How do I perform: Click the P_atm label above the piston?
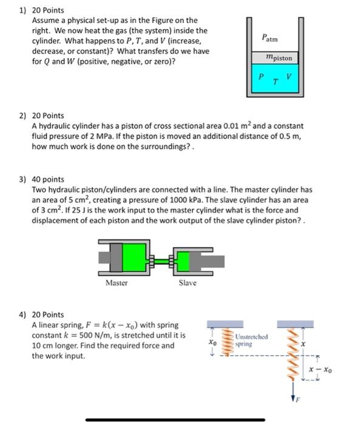click(x=270, y=38)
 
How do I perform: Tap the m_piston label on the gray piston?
click(x=279, y=58)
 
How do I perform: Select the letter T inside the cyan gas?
click(x=276, y=81)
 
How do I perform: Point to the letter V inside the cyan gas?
click(x=289, y=76)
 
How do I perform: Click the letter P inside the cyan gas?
click(x=261, y=76)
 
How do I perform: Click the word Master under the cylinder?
click(x=117, y=283)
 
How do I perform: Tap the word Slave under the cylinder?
click(x=188, y=283)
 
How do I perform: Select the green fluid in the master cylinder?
click(x=134, y=257)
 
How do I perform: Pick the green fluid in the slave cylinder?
click(x=183, y=261)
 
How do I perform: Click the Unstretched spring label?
click(x=251, y=340)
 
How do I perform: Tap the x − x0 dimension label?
click(x=320, y=369)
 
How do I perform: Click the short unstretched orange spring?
click(x=227, y=342)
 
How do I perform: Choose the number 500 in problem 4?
click(x=86, y=335)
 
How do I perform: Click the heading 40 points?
click(x=48, y=180)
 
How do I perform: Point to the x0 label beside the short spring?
click(x=213, y=342)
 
